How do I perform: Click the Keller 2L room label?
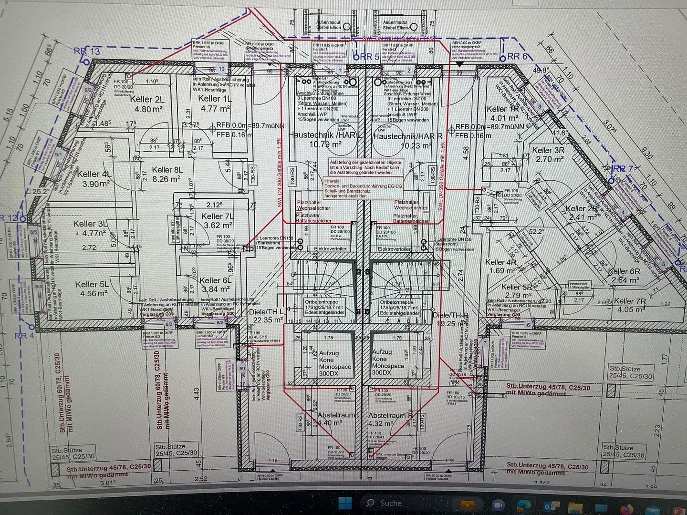[147, 99]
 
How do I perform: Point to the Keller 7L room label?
[218, 216]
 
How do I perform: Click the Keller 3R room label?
[549, 150]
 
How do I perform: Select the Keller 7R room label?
[631, 301]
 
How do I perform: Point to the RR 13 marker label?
[87, 51]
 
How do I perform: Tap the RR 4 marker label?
[24, 336]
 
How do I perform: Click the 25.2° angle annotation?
[41, 192]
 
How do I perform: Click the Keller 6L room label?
[215, 281]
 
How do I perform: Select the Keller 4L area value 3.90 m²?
[96, 184]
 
